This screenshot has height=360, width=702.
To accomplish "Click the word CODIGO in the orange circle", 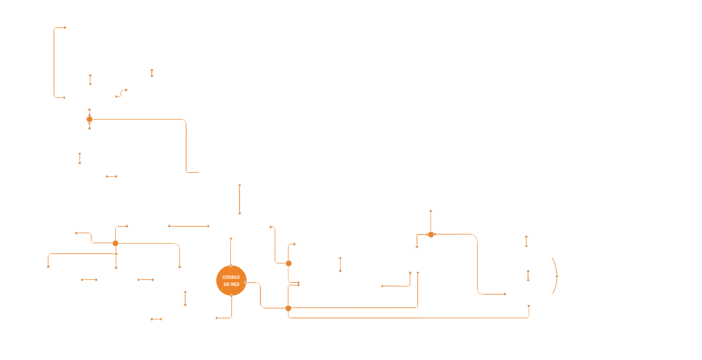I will coord(231,277).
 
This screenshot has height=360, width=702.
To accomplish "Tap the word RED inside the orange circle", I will coord(235,284).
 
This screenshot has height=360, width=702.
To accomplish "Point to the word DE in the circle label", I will coord(227,284).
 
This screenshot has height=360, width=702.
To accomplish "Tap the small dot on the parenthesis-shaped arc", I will coord(557,277).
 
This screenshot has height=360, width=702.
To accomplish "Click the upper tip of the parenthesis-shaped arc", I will coord(552,257).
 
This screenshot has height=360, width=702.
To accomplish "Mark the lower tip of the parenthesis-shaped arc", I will coord(552,295).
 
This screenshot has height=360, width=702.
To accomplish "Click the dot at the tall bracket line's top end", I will coord(65,27).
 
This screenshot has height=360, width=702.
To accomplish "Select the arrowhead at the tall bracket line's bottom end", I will coord(64,98).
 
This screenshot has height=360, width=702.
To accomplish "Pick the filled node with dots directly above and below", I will coord(89,119).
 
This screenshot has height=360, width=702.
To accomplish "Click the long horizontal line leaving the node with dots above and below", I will coord(137,119).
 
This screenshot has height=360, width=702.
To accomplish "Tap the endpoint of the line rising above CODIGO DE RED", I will coord(231,239).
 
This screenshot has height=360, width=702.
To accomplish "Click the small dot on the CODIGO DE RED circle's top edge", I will coord(231,266).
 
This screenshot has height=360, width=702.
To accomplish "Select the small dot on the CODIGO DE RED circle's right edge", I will coord(246,283).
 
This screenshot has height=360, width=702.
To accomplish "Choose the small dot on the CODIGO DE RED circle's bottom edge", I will coord(231,296).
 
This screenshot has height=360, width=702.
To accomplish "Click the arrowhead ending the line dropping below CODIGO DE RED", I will coord(217,318).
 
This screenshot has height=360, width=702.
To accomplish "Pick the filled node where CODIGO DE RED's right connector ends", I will coord(288,308).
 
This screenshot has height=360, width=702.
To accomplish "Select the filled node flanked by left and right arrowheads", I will coord(431,234).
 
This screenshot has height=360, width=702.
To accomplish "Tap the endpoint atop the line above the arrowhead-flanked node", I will coord(431,211).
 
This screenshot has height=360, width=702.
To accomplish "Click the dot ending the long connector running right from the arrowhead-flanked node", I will coord(505,294).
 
